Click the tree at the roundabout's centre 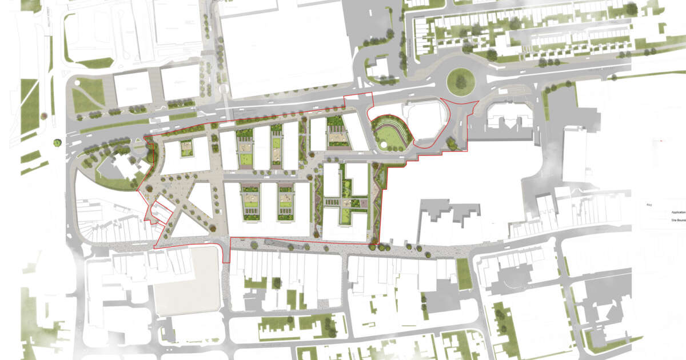click(460, 81)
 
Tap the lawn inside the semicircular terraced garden click(387, 135)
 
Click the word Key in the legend click(649, 204)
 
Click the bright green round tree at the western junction click(57, 142)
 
